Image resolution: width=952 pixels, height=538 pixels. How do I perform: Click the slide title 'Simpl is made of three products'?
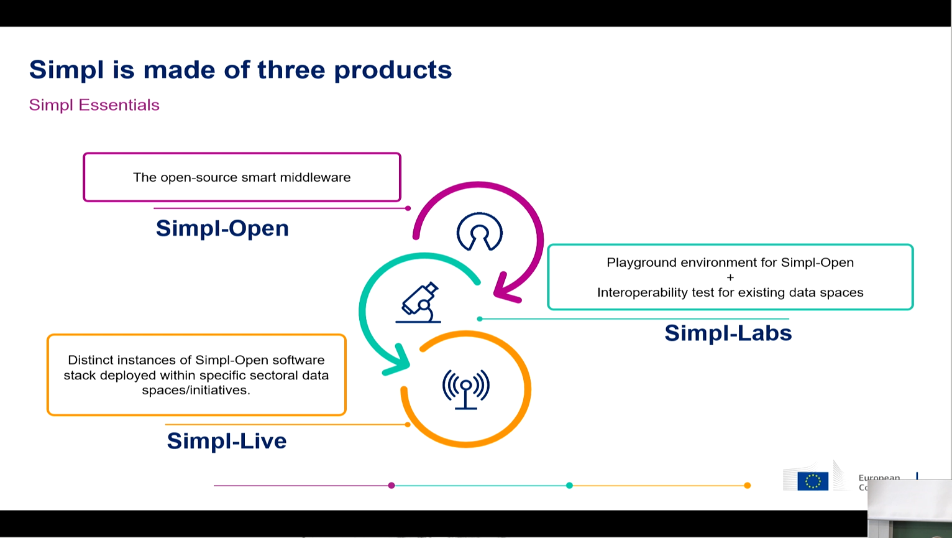(240, 70)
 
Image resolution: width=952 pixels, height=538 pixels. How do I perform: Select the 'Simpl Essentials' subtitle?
(94, 105)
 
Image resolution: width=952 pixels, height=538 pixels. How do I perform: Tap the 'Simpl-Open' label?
(222, 228)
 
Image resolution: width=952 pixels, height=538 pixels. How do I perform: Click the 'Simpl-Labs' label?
(728, 333)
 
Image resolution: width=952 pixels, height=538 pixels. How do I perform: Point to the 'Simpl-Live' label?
(226, 441)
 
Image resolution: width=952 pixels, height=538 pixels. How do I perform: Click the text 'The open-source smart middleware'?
(242, 177)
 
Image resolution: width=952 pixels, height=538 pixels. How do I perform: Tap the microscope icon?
(419, 303)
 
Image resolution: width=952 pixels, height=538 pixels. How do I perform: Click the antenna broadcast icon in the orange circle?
(465, 388)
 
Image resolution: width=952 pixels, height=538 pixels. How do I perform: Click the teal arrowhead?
(397, 363)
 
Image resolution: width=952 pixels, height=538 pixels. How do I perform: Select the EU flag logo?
(812, 481)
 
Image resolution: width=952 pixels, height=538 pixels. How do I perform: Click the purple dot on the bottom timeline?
(391, 485)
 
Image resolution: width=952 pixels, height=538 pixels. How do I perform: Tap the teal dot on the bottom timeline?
(569, 485)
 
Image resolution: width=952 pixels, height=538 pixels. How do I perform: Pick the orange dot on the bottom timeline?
(747, 485)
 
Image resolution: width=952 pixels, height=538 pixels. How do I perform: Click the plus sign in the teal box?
(730, 277)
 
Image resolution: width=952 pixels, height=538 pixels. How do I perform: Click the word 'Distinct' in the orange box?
(90, 360)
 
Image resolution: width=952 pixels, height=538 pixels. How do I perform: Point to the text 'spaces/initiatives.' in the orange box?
(196, 390)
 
